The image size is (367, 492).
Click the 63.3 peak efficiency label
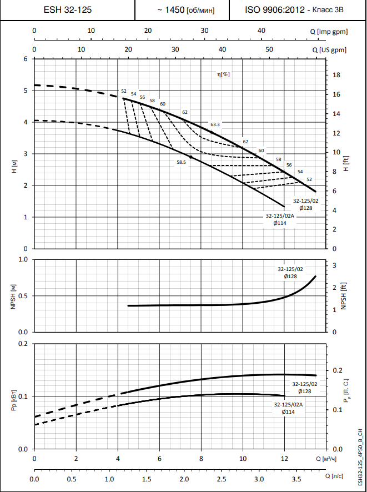(x=215, y=124)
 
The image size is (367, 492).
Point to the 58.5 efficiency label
(x=182, y=162)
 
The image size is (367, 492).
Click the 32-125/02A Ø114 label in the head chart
(x=279, y=219)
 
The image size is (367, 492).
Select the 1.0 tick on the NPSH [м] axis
(x=23, y=259)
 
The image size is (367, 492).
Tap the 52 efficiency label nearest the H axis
(x=124, y=91)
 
